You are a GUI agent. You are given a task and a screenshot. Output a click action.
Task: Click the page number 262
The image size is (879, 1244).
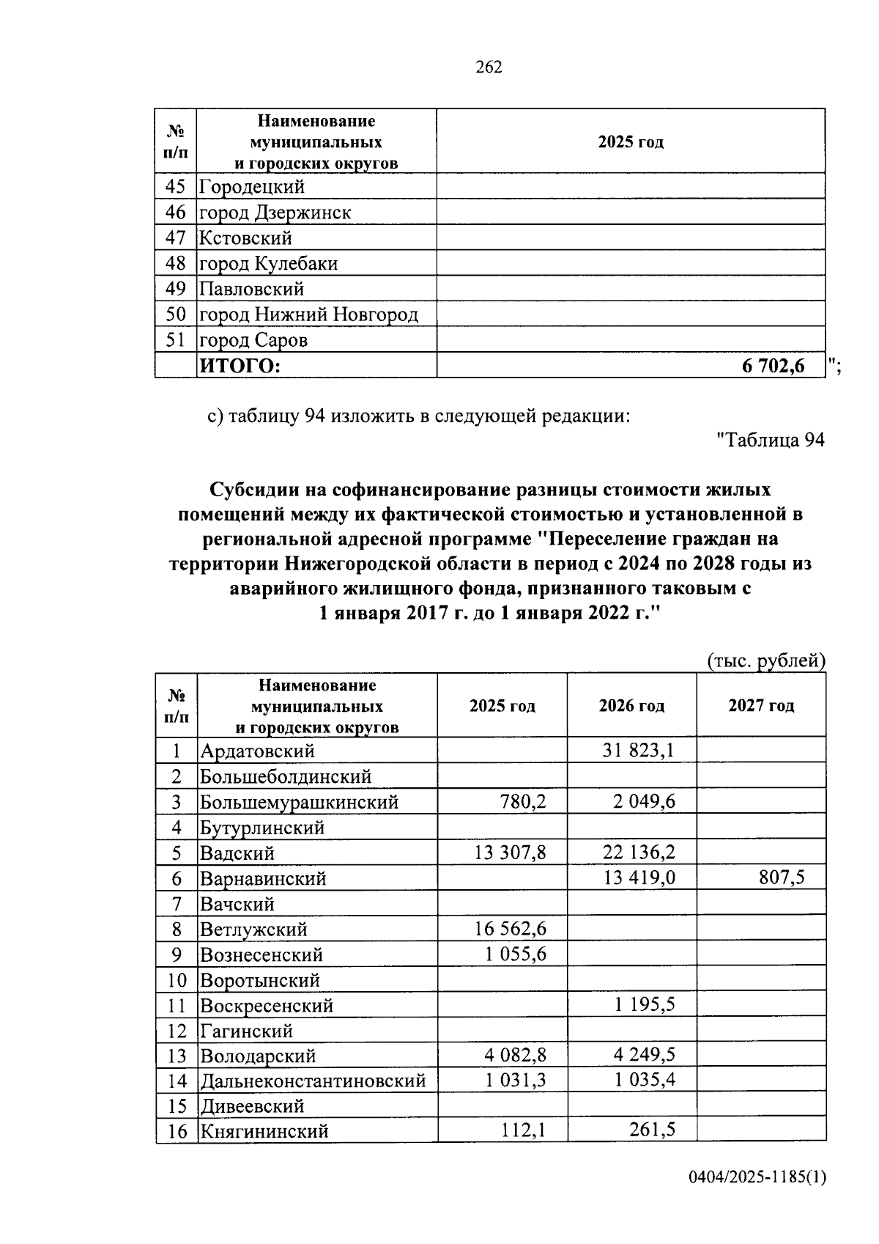pos(489,67)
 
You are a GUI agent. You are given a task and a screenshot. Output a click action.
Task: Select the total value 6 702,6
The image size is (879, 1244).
pos(773,365)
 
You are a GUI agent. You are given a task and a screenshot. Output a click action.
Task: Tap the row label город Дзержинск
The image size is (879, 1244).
pos(275,213)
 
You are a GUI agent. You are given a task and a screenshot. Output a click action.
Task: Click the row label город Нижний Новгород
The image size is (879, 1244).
pos(308,314)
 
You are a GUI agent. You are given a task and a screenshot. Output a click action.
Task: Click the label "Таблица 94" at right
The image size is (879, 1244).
pos(771,439)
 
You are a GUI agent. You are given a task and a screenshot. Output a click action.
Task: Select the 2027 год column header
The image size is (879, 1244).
pos(761,705)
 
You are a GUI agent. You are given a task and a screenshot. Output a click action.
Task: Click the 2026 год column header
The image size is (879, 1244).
pos(631,705)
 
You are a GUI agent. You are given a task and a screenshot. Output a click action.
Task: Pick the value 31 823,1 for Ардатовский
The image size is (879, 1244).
pos(639,751)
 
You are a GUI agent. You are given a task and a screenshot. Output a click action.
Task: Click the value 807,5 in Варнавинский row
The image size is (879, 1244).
pos(782,877)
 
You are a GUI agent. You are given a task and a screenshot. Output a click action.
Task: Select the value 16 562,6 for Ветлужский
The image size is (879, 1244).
pos(510,929)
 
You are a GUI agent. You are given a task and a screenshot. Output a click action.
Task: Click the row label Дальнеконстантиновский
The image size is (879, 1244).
pos(313,1081)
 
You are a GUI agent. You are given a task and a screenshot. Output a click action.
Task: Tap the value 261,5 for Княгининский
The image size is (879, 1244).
pos(652,1130)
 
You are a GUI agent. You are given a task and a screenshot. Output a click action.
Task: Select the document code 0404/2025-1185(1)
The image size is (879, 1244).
pos(757,1198)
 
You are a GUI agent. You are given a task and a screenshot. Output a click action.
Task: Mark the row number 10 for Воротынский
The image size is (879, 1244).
pos(176,980)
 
